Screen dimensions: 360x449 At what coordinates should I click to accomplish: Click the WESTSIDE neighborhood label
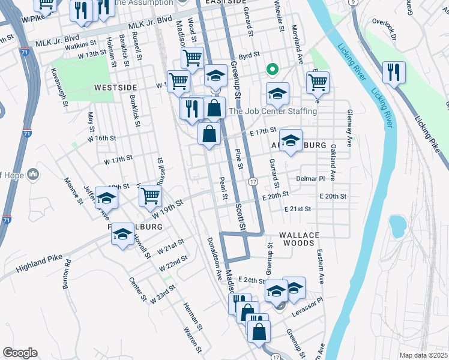[x=115, y=88]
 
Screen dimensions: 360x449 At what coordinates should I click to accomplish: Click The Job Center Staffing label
[x=273, y=111]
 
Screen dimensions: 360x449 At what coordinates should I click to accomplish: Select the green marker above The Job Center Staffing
[x=272, y=70]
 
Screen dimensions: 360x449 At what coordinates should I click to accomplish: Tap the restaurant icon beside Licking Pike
[x=393, y=73]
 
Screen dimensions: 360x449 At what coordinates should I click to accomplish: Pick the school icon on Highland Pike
[x=122, y=234]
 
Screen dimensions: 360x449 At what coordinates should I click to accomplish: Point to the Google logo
[x=20, y=353]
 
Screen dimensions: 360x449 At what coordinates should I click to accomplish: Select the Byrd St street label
[x=249, y=55]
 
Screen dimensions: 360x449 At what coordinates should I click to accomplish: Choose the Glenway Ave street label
[x=349, y=128]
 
